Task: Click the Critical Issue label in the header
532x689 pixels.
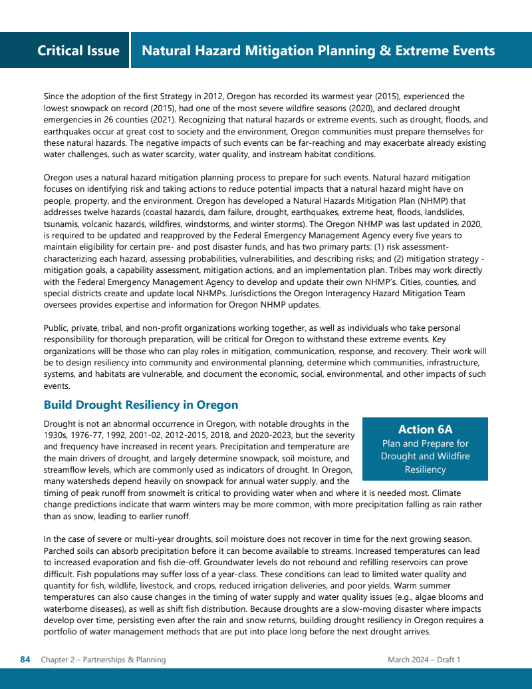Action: pyautogui.click(x=78, y=51)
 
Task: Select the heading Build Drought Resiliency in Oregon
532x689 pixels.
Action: pyautogui.click(x=140, y=405)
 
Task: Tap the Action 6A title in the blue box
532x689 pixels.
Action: pyautogui.click(x=425, y=429)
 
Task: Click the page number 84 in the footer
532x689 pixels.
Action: pyautogui.click(x=25, y=660)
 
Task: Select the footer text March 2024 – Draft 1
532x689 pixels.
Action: pyautogui.click(x=424, y=660)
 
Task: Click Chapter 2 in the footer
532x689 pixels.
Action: pyautogui.click(x=59, y=660)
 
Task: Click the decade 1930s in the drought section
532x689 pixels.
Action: pyautogui.click(x=57, y=435)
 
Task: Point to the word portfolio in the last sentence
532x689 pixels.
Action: pyautogui.click(x=62, y=631)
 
